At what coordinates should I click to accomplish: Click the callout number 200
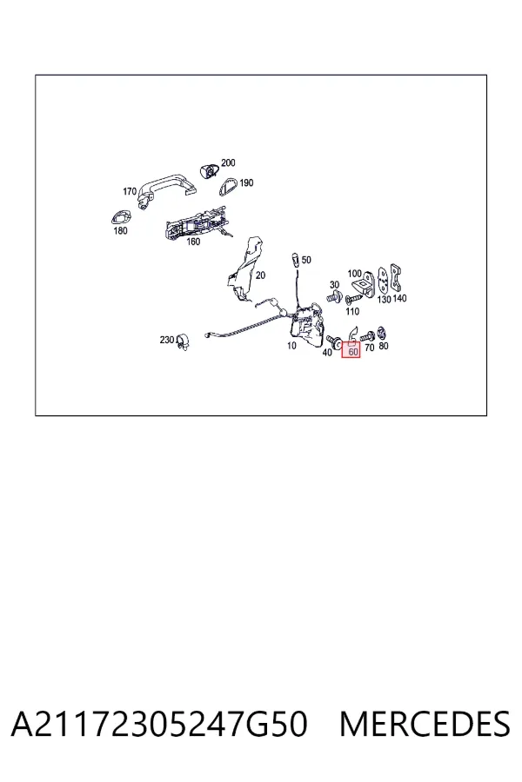(228, 162)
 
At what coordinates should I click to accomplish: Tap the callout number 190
(246, 183)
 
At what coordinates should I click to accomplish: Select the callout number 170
(130, 191)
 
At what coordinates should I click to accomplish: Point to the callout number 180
(120, 230)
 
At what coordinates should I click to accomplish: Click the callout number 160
(193, 242)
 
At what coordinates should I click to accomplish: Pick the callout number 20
(260, 275)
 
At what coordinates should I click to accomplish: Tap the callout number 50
(306, 260)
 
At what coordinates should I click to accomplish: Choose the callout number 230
(167, 340)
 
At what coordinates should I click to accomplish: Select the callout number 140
(399, 298)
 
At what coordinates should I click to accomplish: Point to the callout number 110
(352, 311)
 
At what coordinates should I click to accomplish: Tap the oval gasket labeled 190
(229, 187)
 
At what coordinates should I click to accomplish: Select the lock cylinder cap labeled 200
(210, 169)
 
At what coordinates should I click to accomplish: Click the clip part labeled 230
(183, 341)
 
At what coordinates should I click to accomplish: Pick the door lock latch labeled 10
(308, 325)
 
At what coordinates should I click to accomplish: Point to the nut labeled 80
(383, 333)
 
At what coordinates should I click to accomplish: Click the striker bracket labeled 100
(364, 285)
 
